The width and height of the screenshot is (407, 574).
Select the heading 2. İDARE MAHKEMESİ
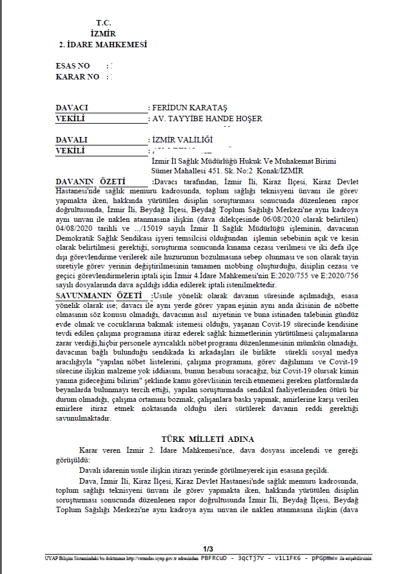[x=103, y=45]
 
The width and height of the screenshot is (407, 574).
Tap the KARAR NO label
[x=76, y=77]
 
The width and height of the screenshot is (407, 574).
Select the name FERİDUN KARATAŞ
[x=189, y=107]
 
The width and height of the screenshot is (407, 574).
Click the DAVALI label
[x=72, y=139]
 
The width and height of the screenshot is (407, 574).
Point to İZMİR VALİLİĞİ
[x=181, y=139]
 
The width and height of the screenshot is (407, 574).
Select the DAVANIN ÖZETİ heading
[x=90, y=181]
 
